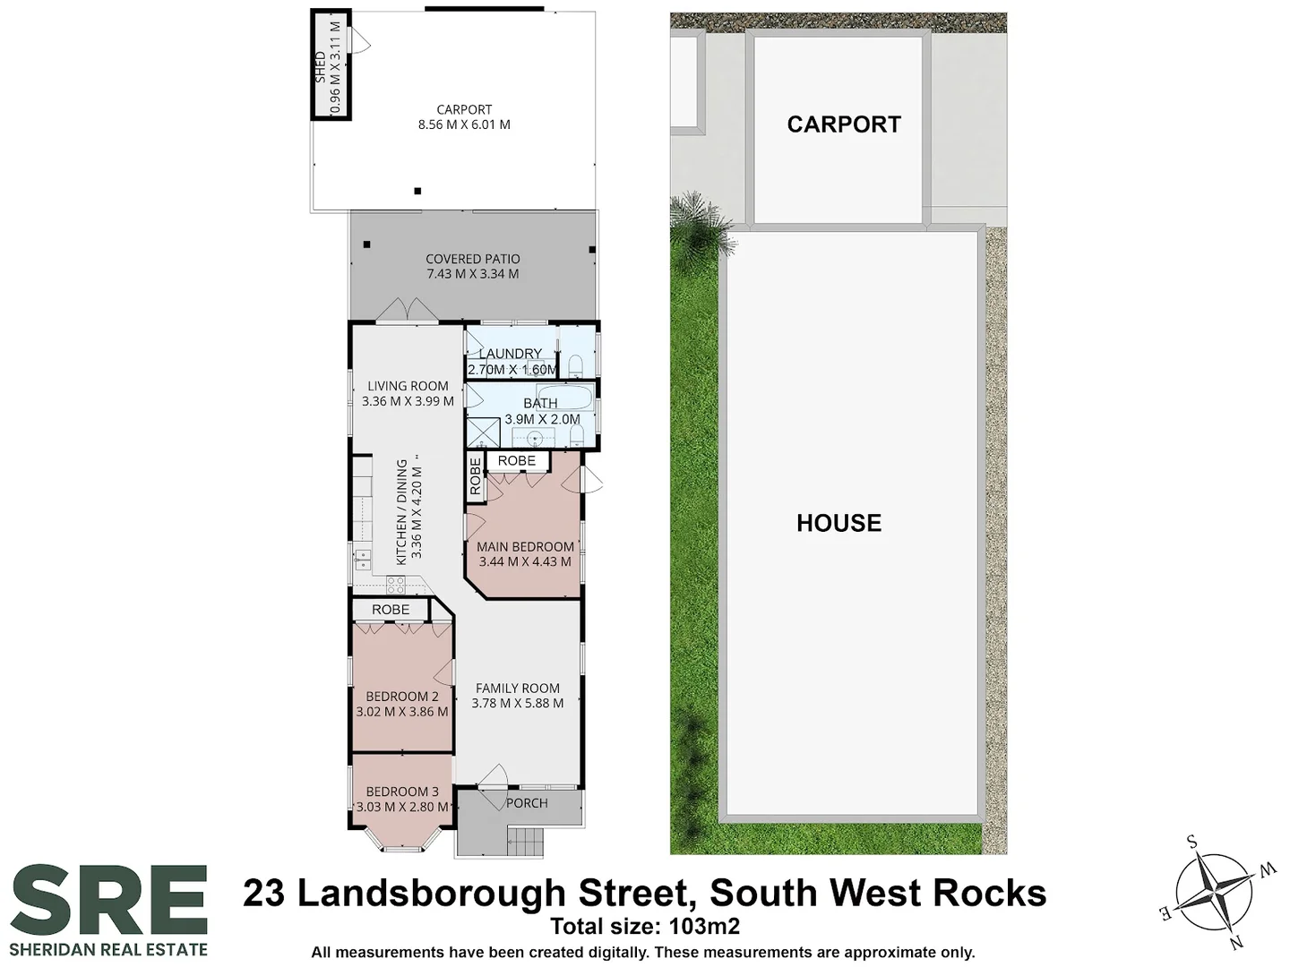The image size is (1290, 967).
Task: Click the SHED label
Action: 320,68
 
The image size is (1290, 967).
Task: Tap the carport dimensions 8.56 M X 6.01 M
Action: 464,125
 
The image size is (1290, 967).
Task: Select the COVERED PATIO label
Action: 472,259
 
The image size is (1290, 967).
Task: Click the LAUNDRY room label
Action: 510,354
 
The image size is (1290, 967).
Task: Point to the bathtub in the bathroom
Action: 564,396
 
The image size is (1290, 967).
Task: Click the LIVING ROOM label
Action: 408,386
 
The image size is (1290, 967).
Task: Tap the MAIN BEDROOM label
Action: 525,547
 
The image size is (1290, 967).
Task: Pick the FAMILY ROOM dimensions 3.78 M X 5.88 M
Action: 518,704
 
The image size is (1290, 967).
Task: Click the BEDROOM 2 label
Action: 402,697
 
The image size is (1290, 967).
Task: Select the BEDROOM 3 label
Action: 402,792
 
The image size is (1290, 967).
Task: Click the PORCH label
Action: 527,803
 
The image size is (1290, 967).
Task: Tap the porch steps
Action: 526,842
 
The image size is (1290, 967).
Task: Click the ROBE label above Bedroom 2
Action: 391,610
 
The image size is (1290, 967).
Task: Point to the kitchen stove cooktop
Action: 395,585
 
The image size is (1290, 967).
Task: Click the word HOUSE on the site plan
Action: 838,523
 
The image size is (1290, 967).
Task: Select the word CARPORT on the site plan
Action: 844,124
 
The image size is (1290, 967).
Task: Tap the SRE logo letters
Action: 108,899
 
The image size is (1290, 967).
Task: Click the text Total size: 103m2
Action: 644,926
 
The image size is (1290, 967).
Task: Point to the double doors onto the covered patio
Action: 408,310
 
